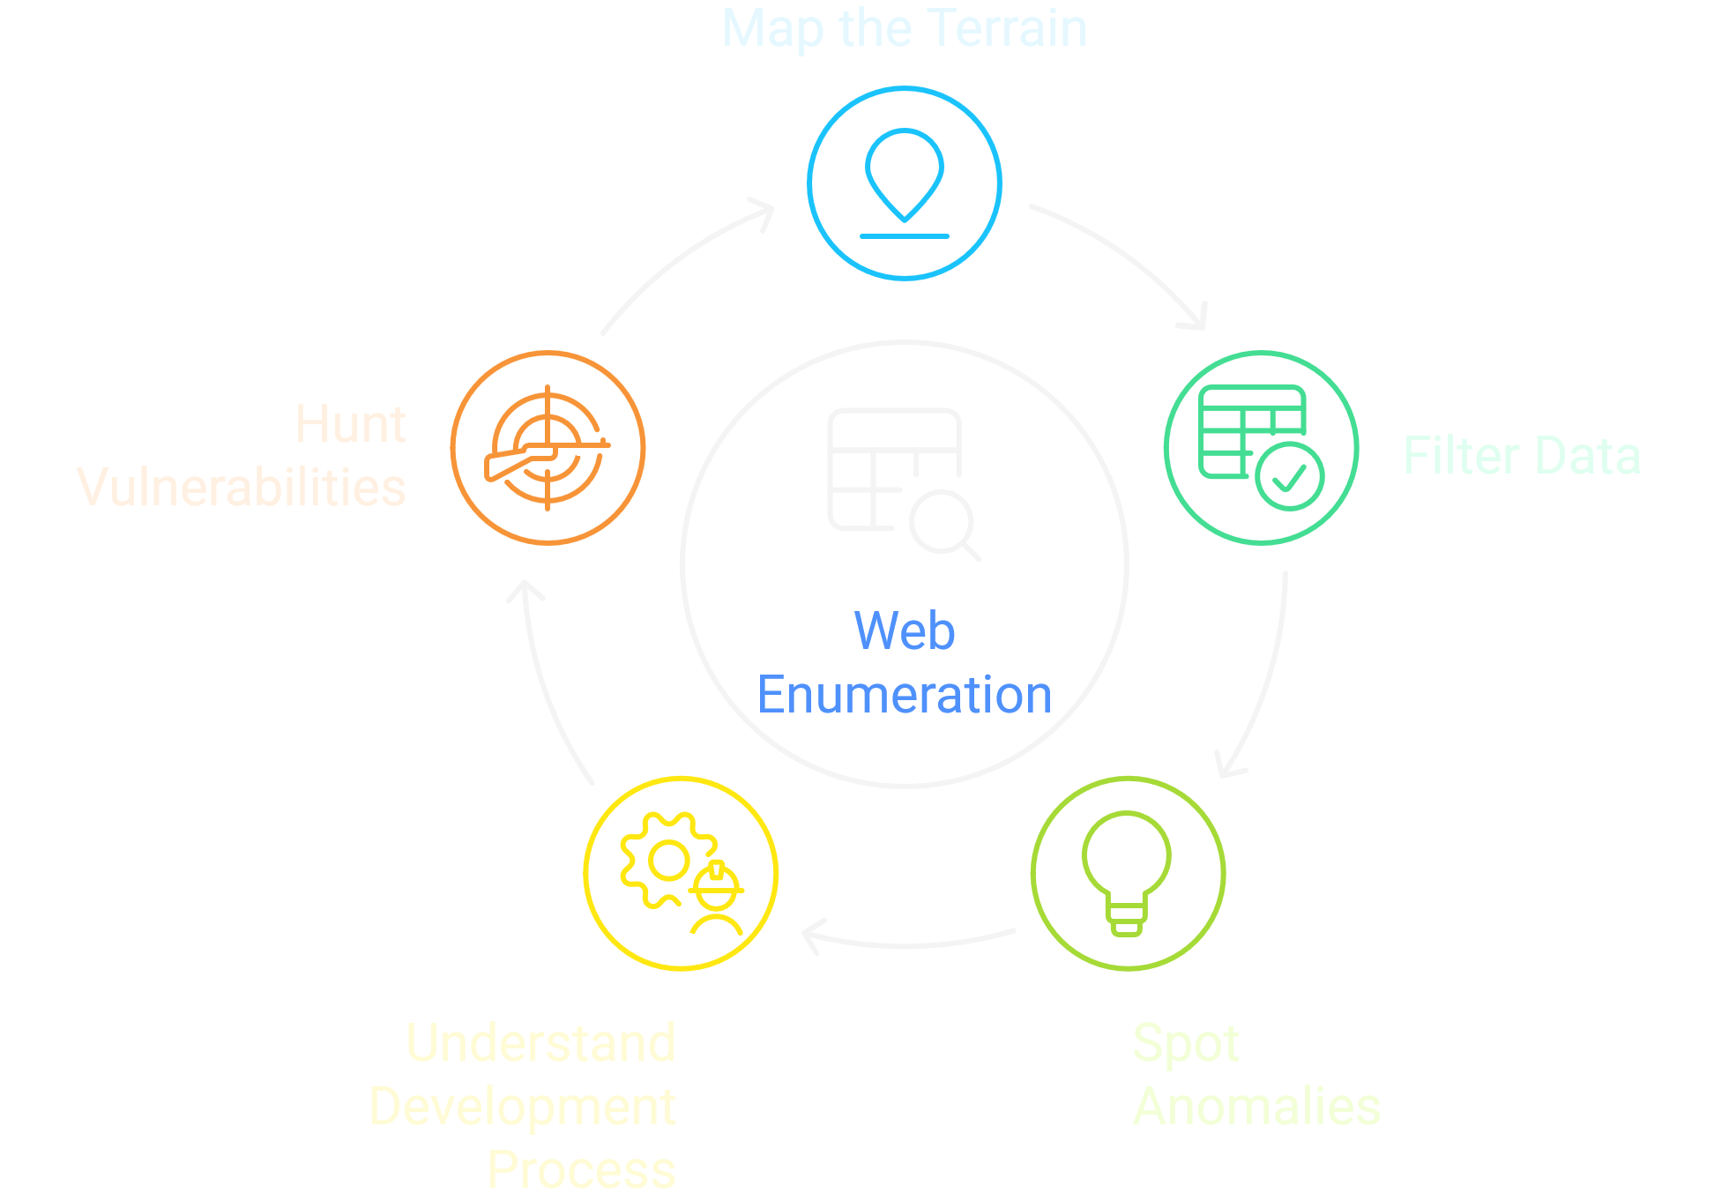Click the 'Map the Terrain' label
coord(904,28)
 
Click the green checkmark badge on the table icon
coord(1289,476)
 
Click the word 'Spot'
coord(1186,1044)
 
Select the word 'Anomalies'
coord(1256,1107)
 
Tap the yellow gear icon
coord(667,861)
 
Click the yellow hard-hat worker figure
coord(718,899)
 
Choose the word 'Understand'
coord(540,1043)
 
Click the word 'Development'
coord(522,1107)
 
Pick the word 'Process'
coord(581,1170)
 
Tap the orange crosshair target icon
coord(548,448)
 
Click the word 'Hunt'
coord(350,424)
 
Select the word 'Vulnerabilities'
coord(242,488)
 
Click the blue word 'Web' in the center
coord(905,631)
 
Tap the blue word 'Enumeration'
coord(905,695)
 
